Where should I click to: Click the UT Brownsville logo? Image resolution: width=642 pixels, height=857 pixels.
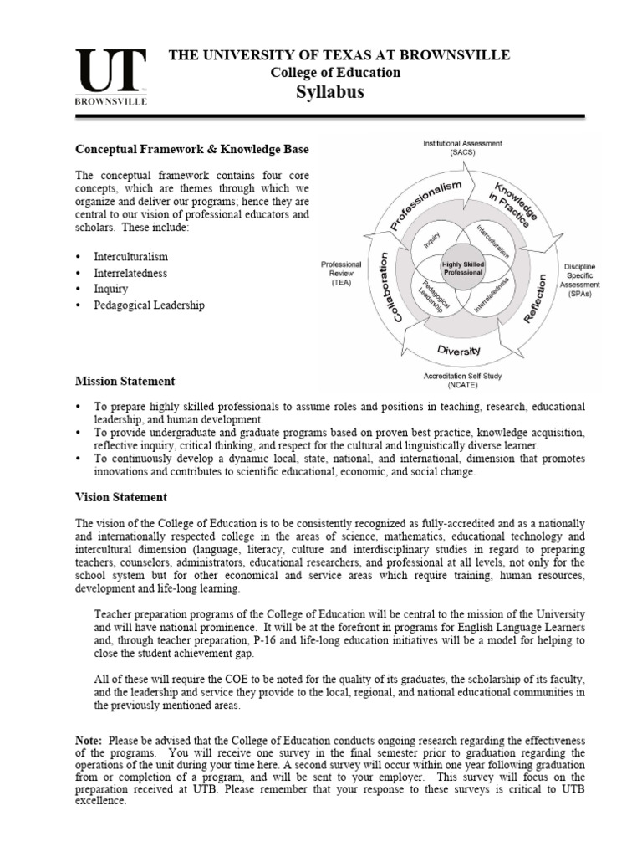[112, 76]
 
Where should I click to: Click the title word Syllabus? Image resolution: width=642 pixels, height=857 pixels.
[330, 92]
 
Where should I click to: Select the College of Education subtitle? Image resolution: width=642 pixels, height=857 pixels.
[335, 73]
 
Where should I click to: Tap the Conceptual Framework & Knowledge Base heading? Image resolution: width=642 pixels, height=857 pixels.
[192, 149]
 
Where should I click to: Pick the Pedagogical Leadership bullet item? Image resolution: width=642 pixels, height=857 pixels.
[150, 305]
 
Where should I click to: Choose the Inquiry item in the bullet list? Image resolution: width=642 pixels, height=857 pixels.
[112, 290]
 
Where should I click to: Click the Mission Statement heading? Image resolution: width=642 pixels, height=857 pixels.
[125, 381]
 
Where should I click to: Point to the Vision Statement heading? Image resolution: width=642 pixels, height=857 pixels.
[121, 497]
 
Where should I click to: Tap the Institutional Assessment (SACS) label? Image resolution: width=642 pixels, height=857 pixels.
[462, 149]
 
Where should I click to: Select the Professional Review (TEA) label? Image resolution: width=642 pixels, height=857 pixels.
[340, 273]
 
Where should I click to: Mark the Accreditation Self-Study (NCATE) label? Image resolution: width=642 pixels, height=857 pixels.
[462, 382]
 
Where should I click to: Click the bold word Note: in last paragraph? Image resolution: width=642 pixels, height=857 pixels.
[90, 741]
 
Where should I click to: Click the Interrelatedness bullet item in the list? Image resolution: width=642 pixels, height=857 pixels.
[132, 273]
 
